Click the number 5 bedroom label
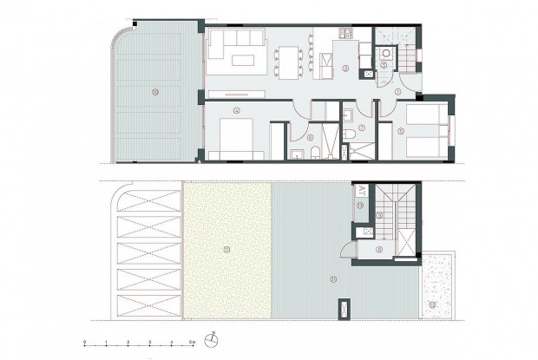click(402, 131)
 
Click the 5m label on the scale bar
click(192, 344)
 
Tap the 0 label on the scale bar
click(84, 344)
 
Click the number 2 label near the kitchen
click(344, 67)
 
